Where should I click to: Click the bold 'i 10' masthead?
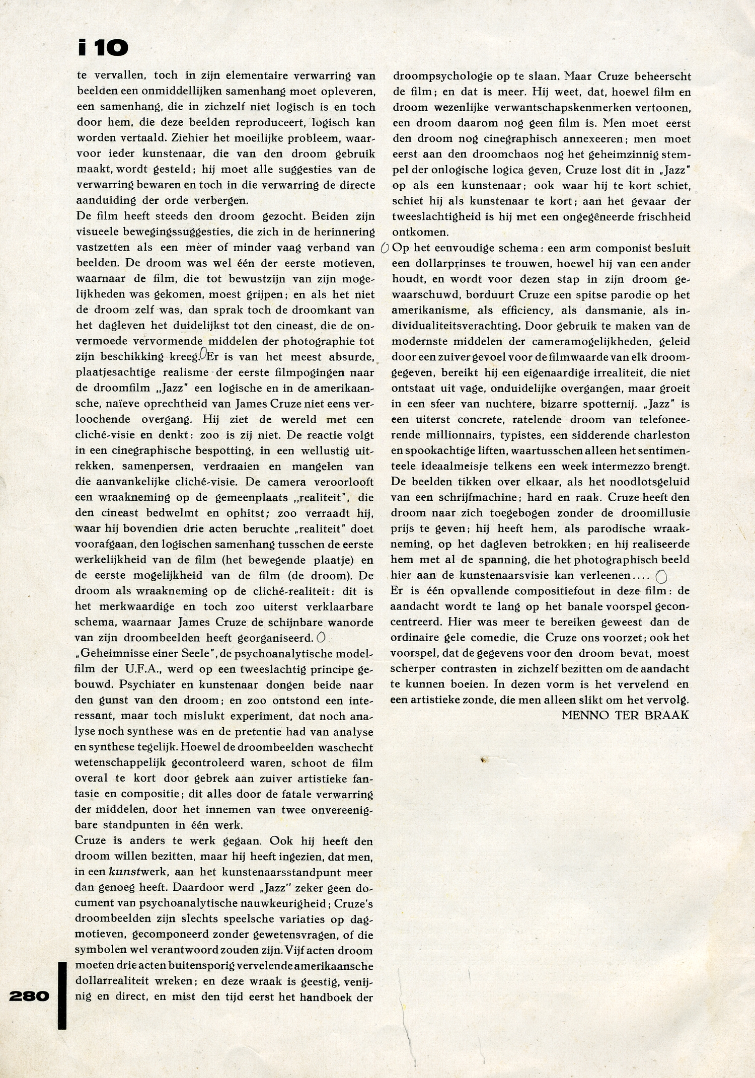click(x=103, y=48)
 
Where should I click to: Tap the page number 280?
click(x=29, y=996)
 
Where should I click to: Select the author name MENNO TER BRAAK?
click(x=625, y=715)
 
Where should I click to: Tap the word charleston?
click(x=657, y=435)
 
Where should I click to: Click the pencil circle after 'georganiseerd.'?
click(x=321, y=638)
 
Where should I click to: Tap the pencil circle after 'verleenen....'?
click(x=662, y=576)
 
